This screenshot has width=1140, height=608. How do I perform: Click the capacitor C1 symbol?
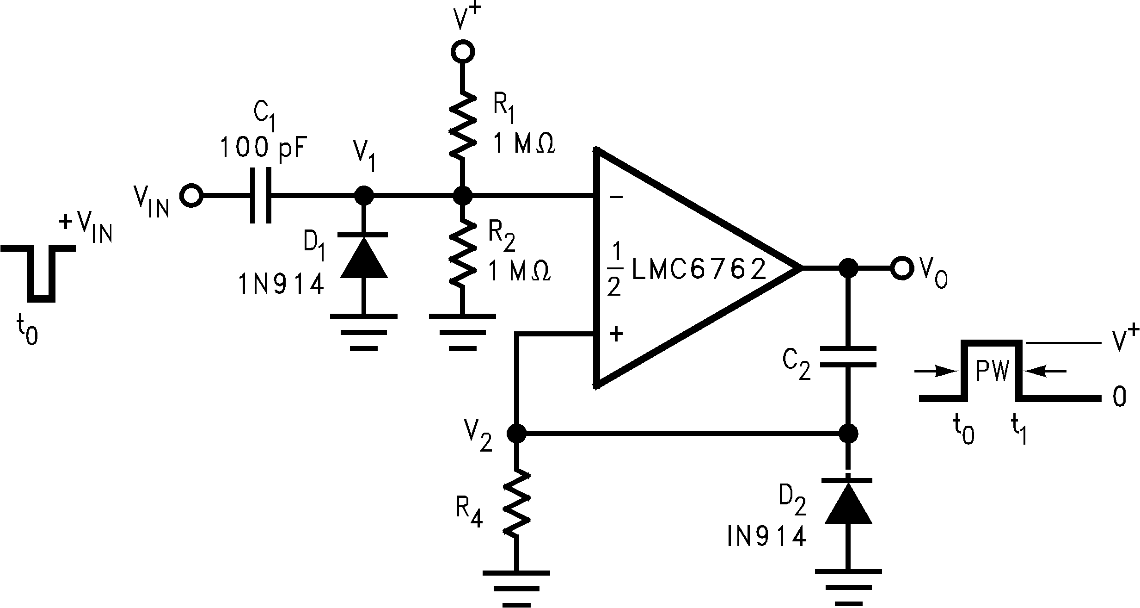pos(260,196)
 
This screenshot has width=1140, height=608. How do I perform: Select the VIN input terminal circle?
pos(190,196)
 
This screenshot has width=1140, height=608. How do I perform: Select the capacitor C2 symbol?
pos(848,357)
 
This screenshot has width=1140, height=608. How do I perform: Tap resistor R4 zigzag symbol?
pos(516,503)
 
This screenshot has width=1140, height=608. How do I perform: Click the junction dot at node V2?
pos(516,434)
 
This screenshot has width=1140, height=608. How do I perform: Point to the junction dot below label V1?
pos(363,196)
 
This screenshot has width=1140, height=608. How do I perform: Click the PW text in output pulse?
pos(991,371)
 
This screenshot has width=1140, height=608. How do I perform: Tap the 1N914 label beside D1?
pos(281,285)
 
